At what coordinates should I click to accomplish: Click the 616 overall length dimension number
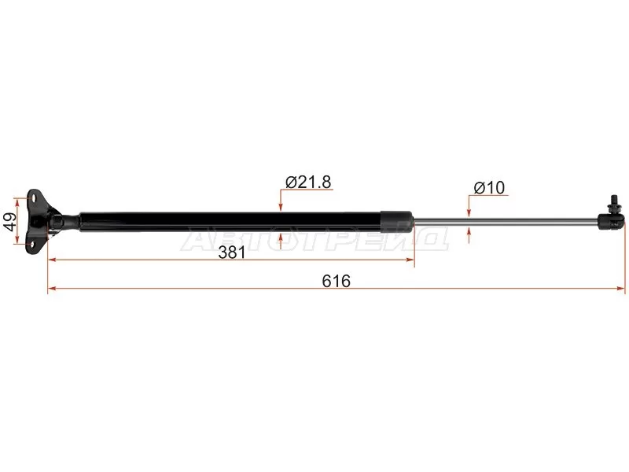click(x=337, y=281)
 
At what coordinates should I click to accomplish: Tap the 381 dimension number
click(x=231, y=253)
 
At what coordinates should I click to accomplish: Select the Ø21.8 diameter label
click(x=308, y=182)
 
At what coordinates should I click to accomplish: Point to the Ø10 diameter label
click(x=489, y=187)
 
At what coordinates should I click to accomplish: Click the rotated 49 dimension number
click(x=10, y=221)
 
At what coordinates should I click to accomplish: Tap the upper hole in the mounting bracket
click(x=33, y=197)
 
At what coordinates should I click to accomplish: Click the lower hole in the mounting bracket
click(x=32, y=244)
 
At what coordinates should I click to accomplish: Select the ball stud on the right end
click(x=612, y=205)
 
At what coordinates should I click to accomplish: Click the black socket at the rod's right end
click(x=612, y=222)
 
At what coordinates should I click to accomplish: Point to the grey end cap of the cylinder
click(x=397, y=222)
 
